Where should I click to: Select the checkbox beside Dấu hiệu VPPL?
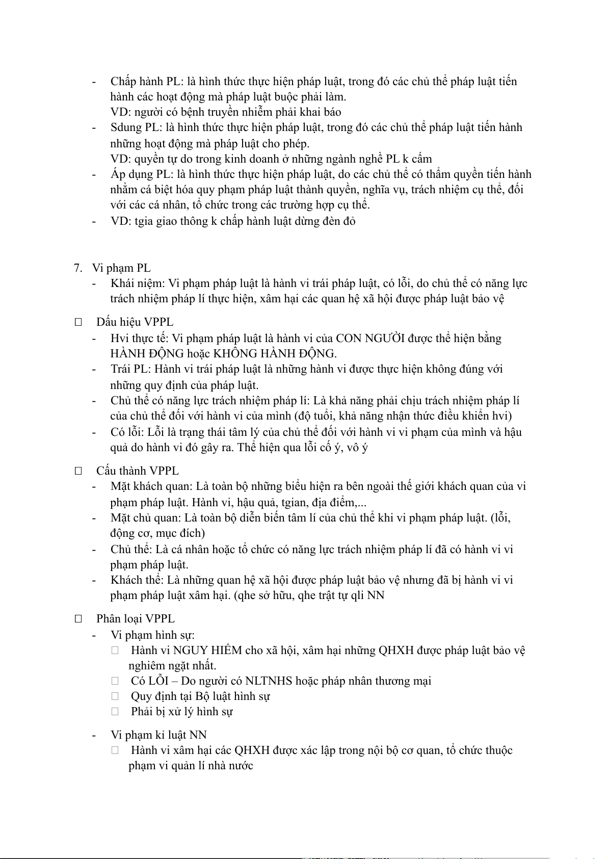78,322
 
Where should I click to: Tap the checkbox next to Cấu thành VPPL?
78,471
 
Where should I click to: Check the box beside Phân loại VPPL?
78,619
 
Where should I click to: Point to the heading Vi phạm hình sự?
152,635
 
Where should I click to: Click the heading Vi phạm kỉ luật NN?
159,735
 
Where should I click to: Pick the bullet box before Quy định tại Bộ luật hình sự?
115,696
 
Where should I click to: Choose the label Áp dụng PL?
142,174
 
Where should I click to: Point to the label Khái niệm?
138,283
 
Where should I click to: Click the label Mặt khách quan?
152,486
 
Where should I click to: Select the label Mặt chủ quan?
146,518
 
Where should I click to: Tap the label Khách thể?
137,580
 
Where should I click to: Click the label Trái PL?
130,369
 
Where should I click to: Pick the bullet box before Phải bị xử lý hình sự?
115,712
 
